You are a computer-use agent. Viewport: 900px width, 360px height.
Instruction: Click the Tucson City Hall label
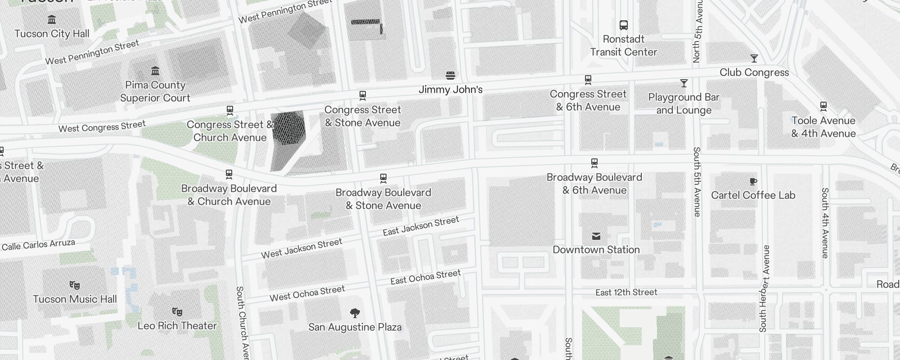tap(52, 34)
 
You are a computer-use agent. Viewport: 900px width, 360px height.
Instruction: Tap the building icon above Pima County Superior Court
tap(155, 71)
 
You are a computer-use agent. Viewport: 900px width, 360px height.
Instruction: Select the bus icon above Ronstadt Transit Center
tap(623, 25)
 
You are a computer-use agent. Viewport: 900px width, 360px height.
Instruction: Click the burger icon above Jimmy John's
tap(450, 75)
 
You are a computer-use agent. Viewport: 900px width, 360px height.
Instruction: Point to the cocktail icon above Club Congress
tap(754, 58)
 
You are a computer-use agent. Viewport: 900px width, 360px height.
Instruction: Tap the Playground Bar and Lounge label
tap(684, 103)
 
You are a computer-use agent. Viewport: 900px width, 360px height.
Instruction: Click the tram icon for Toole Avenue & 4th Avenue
tap(823, 107)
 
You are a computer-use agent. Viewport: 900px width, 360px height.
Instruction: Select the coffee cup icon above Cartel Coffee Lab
tap(753, 182)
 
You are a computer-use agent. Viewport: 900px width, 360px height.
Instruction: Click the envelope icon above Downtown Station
tap(596, 236)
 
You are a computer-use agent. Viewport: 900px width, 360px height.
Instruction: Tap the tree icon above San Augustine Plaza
tap(355, 313)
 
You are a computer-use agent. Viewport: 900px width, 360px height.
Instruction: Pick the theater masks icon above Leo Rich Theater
tap(177, 311)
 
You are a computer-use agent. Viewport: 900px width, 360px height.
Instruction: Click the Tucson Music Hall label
tap(75, 299)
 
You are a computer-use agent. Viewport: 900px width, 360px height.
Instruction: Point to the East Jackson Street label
tap(421, 225)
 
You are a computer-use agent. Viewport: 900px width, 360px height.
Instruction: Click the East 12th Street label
tap(626, 292)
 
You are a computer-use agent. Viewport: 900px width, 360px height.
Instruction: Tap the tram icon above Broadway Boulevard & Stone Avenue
tap(383, 179)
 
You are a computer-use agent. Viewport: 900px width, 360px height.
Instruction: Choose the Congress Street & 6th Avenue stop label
tap(588, 100)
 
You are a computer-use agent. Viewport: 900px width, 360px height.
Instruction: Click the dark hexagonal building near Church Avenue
tap(289, 128)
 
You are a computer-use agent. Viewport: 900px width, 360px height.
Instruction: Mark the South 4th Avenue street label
tap(824, 223)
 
